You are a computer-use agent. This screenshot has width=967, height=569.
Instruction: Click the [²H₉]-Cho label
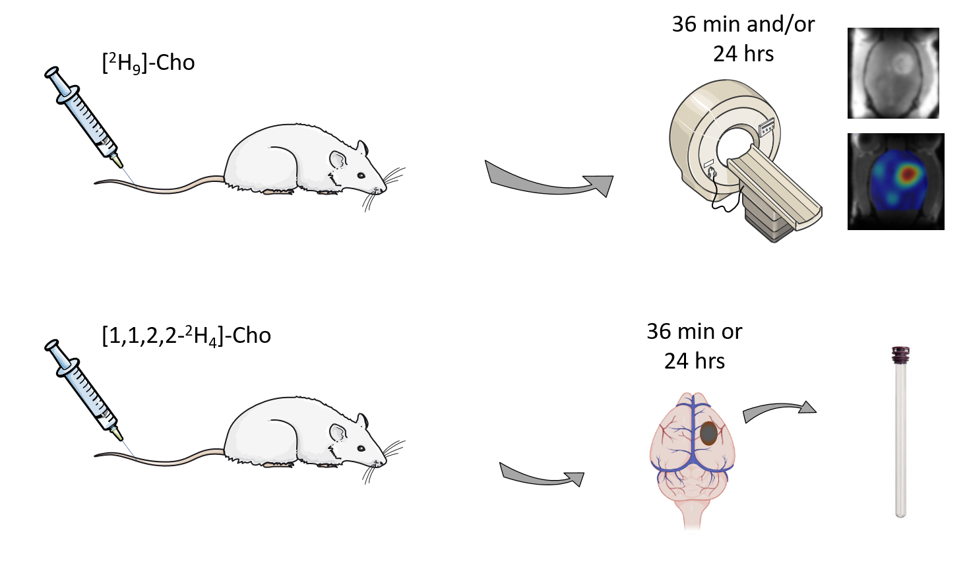[x=148, y=63]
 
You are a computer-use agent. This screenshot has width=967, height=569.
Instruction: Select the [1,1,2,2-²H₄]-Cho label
[x=186, y=336]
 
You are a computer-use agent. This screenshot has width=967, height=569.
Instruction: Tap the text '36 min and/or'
[x=743, y=24]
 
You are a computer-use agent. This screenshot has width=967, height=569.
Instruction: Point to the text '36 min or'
[x=694, y=332]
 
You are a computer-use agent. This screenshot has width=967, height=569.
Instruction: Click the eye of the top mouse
[x=361, y=175]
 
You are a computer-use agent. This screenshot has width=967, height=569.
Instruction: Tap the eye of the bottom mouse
[x=361, y=448]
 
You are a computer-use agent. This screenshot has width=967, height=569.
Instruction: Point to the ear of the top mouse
[x=338, y=160]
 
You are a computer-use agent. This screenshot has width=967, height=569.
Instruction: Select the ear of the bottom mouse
[x=338, y=433]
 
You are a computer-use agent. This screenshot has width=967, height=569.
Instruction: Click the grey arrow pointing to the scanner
[x=549, y=181]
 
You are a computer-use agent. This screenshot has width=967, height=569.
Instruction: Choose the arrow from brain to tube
[x=778, y=411]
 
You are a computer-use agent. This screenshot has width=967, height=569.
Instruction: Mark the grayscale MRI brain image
[x=893, y=73]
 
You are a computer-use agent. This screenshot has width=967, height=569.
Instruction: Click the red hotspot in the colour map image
[x=908, y=173]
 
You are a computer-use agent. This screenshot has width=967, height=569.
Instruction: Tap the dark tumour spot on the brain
[x=708, y=433]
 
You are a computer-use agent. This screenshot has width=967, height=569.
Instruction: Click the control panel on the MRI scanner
[x=766, y=127]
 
